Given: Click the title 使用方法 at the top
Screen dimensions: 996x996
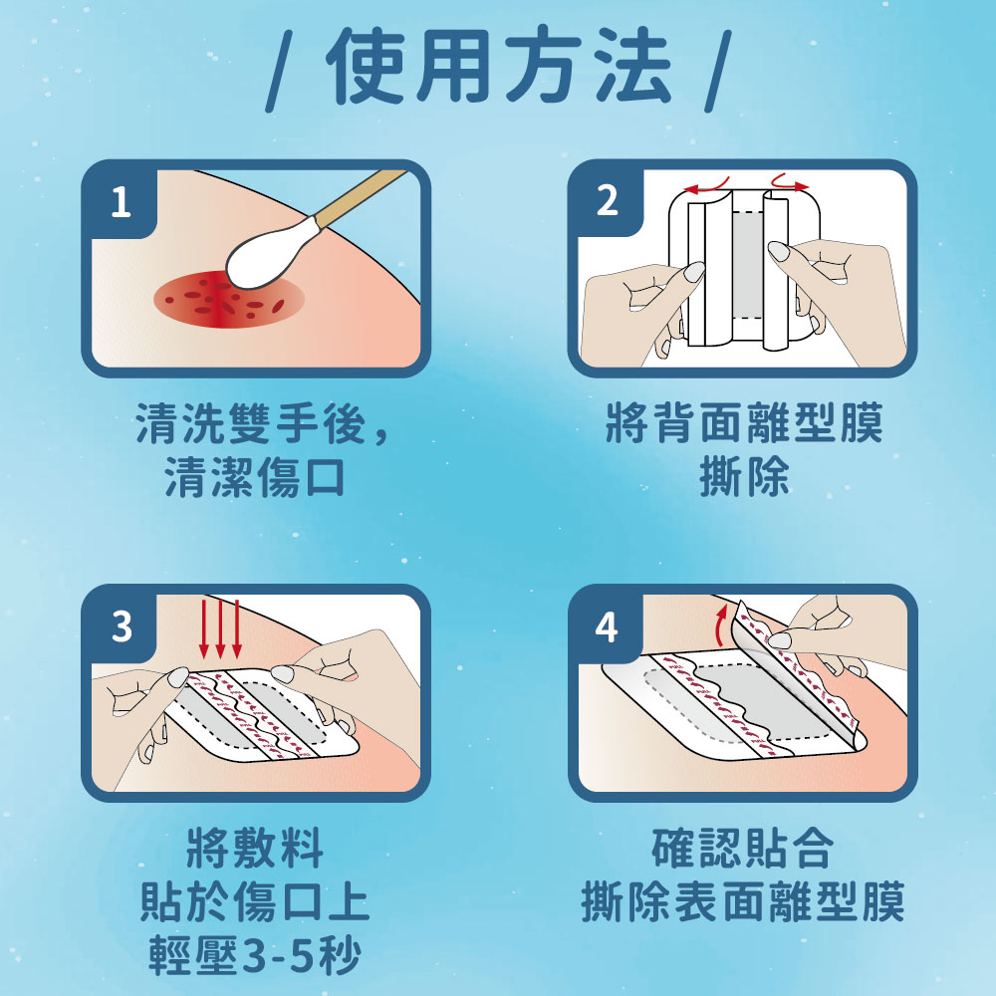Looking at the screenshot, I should (x=498, y=68).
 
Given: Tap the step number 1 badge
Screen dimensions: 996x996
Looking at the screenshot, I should (x=121, y=203).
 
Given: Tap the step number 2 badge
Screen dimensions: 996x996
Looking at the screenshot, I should (x=607, y=202).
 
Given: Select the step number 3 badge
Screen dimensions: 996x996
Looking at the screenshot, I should (x=121, y=627).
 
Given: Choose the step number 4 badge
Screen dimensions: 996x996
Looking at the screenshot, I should (x=607, y=627).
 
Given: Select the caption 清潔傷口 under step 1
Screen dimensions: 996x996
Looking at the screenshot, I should (x=255, y=478).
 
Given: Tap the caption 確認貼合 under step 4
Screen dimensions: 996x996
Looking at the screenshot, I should (x=742, y=850).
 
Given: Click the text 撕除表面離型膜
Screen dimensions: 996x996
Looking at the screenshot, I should (x=742, y=902).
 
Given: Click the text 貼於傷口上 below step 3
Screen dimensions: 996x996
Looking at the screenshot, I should (x=255, y=902).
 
